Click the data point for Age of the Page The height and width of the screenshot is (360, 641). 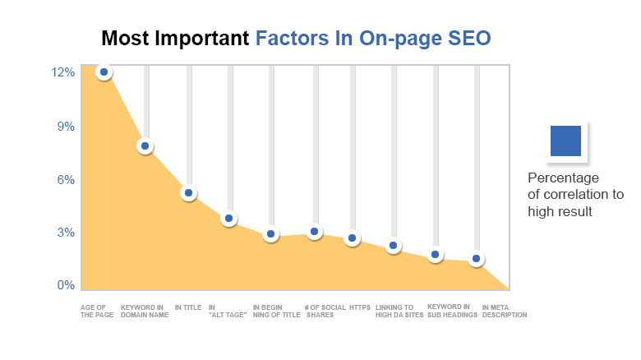click(104, 72)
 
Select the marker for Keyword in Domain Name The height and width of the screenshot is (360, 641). click(145, 146)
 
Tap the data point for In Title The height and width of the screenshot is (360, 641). click(188, 193)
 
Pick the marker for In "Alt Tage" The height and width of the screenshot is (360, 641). click(229, 219)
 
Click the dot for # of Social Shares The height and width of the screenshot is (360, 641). click(314, 233)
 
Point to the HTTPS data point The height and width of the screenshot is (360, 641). click(352, 238)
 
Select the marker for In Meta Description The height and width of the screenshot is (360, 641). click(476, 260)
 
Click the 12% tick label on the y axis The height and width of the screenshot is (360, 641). click(63, 72)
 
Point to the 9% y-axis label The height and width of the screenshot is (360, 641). click(66, 127)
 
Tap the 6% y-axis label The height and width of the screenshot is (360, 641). click(66, 180)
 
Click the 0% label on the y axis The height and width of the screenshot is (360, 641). click(66, 286)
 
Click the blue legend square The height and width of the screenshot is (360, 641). click(565, 141)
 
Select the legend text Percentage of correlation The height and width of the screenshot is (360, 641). click(575, 195)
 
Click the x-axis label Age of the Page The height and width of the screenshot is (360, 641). click(95, 311)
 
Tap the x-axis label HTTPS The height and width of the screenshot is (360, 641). click(360, 307)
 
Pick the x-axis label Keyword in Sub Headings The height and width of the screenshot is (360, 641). click(452, 311)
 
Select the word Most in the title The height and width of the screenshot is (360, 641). click(126, 39)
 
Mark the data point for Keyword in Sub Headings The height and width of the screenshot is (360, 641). click(436, 255)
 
